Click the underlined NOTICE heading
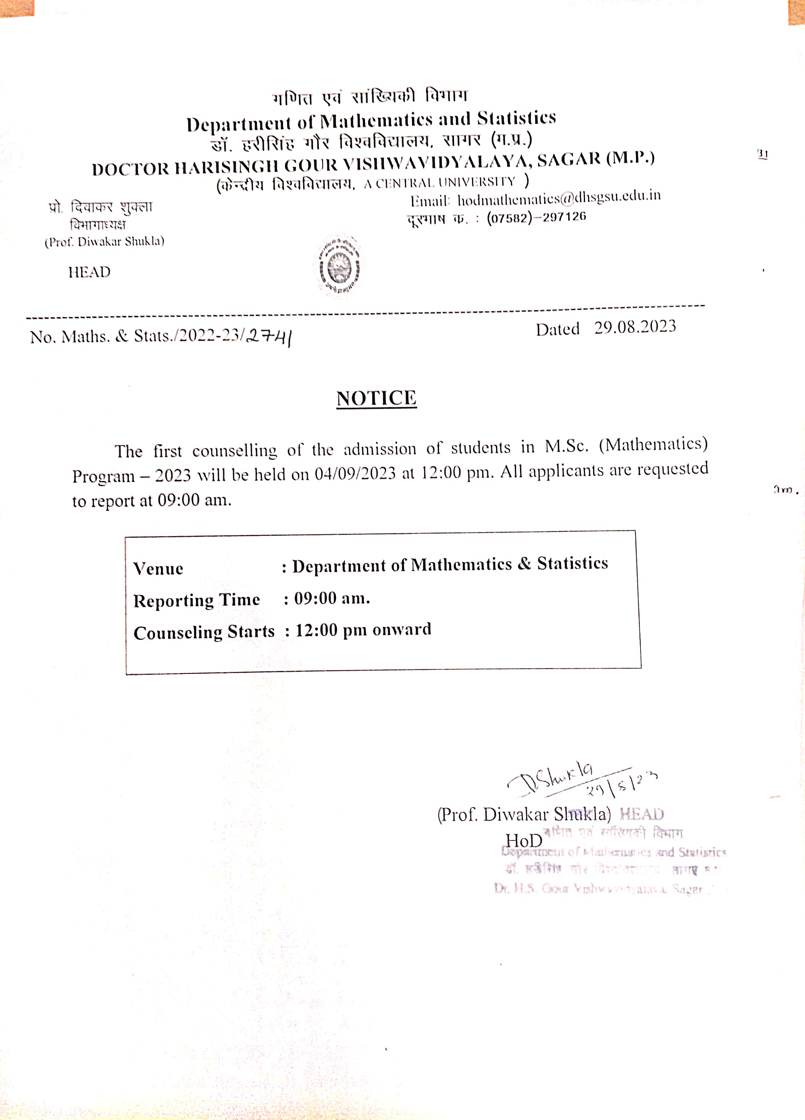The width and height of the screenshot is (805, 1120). click(x=376, y=398)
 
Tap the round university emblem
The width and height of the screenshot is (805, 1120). click(x=339, y=267)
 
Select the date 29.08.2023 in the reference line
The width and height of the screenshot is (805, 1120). click(x=635, y=327)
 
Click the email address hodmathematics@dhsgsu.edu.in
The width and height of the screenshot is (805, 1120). click(x=559, y=197)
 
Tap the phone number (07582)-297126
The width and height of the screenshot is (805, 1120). click(x=537, y=217)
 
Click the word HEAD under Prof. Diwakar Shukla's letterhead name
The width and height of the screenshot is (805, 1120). click(x=89, y=272)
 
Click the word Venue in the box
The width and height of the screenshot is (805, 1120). click(x=158, y=569)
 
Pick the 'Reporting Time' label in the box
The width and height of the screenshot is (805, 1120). click(x=196, y=600)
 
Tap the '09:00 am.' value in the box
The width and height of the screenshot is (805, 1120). click(x=332, y=599)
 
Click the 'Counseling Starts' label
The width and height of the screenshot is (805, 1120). click(x=204, y=633)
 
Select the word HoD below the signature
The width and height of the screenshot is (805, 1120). click(x=524, y=840)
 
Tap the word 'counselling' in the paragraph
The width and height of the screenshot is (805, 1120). click(x=234, y=450)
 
